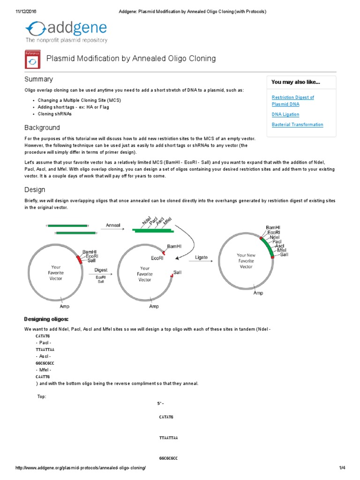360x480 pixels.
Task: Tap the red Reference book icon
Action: click(32, 60)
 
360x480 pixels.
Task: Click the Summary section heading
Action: click(38, 79)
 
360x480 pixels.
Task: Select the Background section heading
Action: click(42, 127)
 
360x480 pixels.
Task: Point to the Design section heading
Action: click(35, 190)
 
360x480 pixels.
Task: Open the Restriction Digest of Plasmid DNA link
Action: click(292, 100)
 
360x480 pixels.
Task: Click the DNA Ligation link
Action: click(285, 114)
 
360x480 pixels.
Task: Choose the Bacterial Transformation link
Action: click(297, 125)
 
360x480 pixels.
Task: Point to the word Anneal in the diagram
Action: click(113, 225)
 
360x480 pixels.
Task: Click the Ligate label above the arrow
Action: click(201, 257)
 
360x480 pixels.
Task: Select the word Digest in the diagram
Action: click(101, 270)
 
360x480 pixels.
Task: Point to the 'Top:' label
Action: click(42, 397)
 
